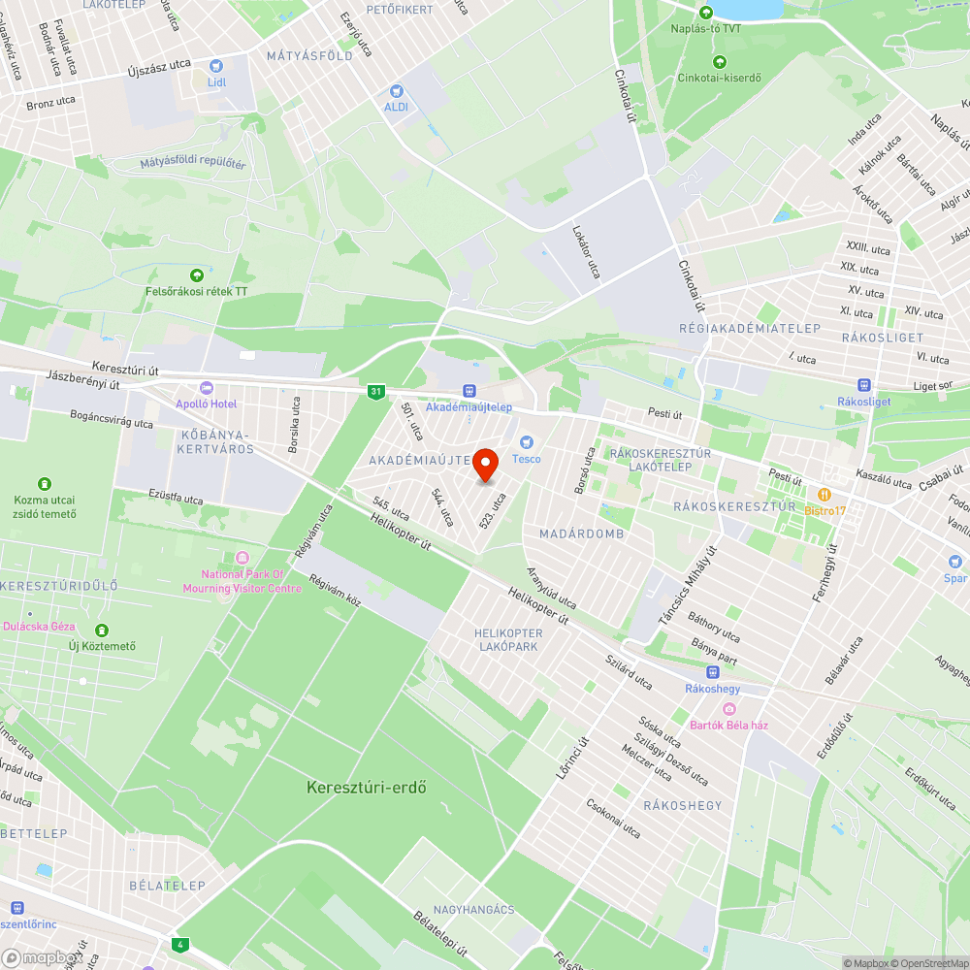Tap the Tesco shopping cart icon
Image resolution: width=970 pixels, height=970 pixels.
tap(528, 442)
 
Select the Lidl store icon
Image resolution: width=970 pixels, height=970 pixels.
tap(215, 66)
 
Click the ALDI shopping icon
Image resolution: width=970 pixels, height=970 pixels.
tap(396, 89)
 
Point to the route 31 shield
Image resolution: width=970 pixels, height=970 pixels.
tap(376, 392)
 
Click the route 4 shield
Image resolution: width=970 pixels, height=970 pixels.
tap(178, 944)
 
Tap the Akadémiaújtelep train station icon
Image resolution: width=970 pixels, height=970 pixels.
tap(469, 390)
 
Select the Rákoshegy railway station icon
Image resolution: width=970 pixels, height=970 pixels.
tap(713, 671)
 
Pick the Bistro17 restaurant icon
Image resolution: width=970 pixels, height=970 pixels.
tap(824, 494)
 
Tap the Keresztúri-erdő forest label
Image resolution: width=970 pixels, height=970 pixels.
tap(367, 787)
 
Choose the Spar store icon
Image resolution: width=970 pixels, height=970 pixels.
tap(955, 562)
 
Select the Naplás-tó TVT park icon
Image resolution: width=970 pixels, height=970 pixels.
tap(706, 12)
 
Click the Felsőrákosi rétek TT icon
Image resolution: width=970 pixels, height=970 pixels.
tap(198, 275)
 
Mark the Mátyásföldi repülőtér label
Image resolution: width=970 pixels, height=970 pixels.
tap(192, 164)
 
